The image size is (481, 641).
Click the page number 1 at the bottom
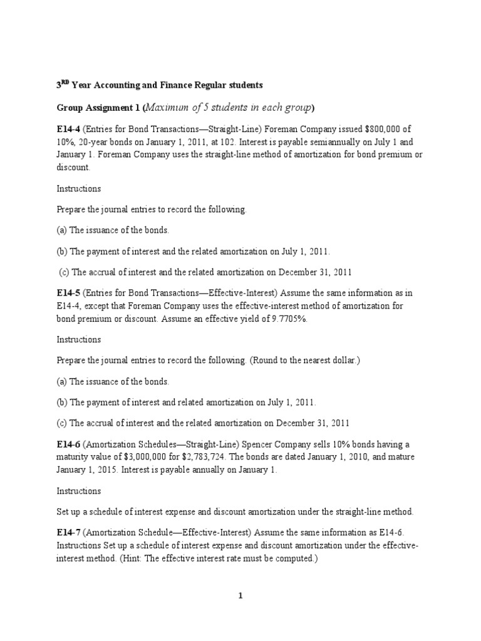pos(240,597)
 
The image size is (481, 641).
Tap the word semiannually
pos(317,141)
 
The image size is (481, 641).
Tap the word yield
pos(254,317)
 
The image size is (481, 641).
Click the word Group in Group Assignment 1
pos(68,108)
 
